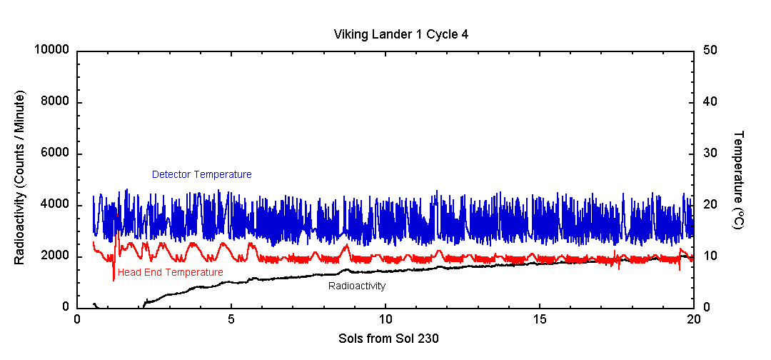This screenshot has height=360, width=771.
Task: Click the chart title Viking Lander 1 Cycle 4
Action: click(x=398, y=34)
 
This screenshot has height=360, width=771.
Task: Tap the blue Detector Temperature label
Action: click(x=201, y=174)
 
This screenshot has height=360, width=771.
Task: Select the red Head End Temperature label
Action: click(x=171, y=272)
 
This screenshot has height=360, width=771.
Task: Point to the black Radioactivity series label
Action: click(x=357, y=286)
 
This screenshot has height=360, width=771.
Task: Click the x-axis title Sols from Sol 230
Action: click(x=388, y=339)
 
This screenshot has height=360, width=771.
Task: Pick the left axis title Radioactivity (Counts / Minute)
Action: click(x=19, y=178)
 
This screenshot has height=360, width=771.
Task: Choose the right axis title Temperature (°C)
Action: click(x=738, y=179)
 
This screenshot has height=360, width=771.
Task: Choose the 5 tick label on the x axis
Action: click(x=231, y=320)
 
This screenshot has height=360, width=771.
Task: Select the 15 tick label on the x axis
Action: click(x=540, y=320)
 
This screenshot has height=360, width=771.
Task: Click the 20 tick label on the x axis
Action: click(x=693, y=320)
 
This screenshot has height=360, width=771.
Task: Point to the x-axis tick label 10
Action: click(x=385, y=320)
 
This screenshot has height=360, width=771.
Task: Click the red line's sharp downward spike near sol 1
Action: click(x=114, y=279)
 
